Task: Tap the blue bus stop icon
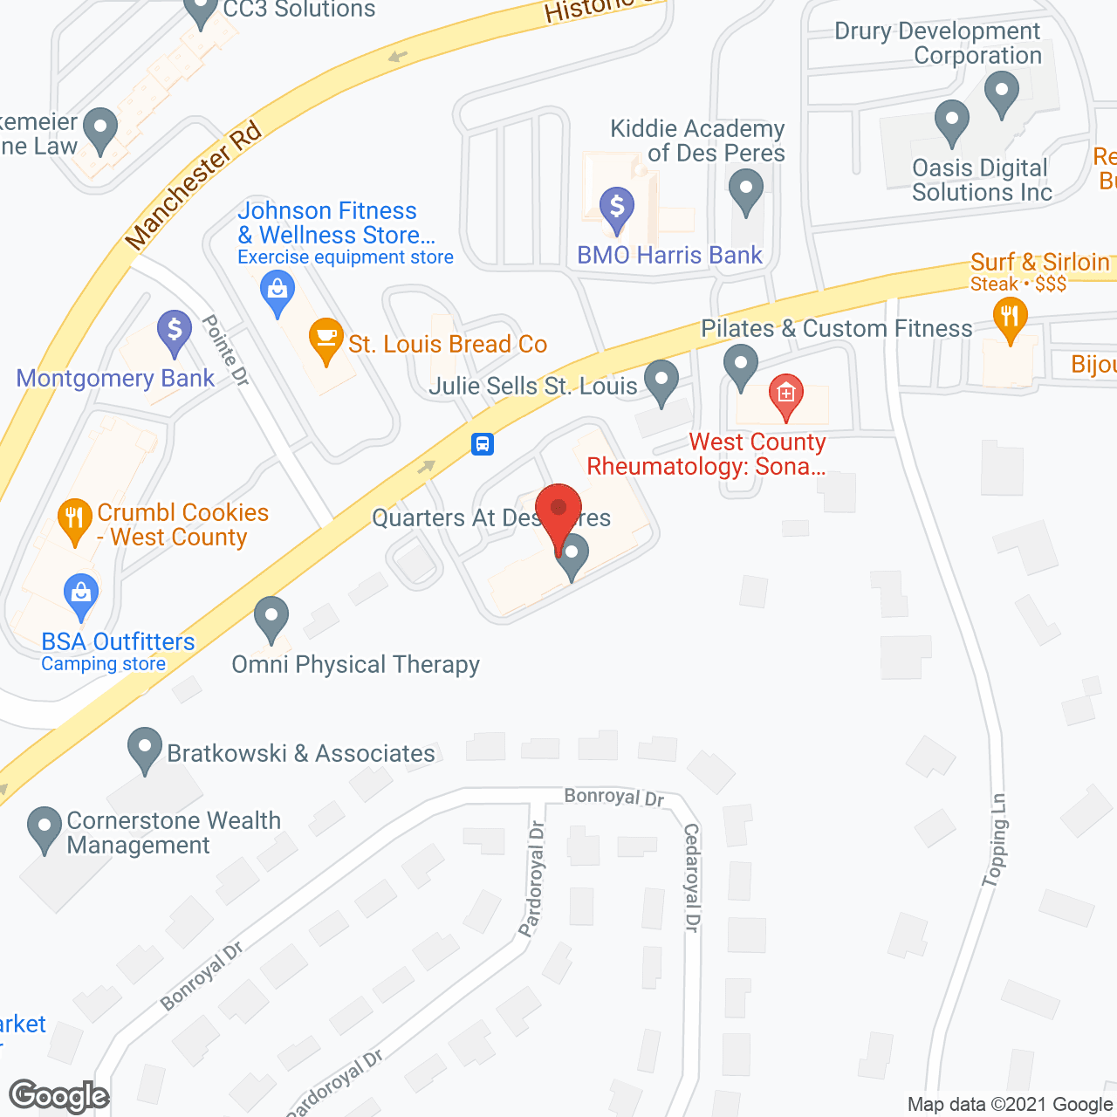483,444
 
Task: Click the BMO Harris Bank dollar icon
617,208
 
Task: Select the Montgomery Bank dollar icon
175,331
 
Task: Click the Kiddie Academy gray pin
746,189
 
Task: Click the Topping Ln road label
995,839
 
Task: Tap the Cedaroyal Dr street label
692,877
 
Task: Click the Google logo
59,1096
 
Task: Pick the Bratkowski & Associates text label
301,753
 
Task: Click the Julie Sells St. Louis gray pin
661,380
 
